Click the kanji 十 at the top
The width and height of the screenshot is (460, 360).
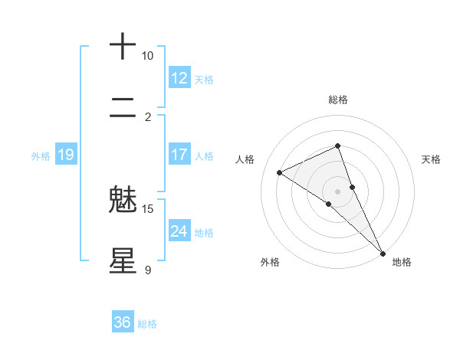[123, 47]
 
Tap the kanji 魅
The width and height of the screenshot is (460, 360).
[123, 200]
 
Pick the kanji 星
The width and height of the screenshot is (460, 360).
[123, 260]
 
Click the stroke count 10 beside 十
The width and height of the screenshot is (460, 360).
[147, 56]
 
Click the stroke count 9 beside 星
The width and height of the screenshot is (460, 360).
[147, 270]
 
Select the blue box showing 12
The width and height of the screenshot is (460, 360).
[179, 78]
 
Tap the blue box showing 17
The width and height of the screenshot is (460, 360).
[179, 155]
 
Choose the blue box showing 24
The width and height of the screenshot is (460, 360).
[179, 231]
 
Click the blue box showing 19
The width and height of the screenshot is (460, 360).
[65, 155]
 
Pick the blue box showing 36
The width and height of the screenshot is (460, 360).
[123, 322]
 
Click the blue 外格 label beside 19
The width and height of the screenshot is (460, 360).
[41, 156]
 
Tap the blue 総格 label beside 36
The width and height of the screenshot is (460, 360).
[147, 324]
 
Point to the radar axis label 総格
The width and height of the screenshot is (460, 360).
[337, 100]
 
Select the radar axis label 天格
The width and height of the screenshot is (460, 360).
[432, 159]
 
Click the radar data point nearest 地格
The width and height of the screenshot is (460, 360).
[383, 253]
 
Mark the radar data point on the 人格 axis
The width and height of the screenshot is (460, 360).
[280, 172]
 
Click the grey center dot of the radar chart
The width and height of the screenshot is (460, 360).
[337, 191]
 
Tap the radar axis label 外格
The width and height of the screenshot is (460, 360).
[270, 262]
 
